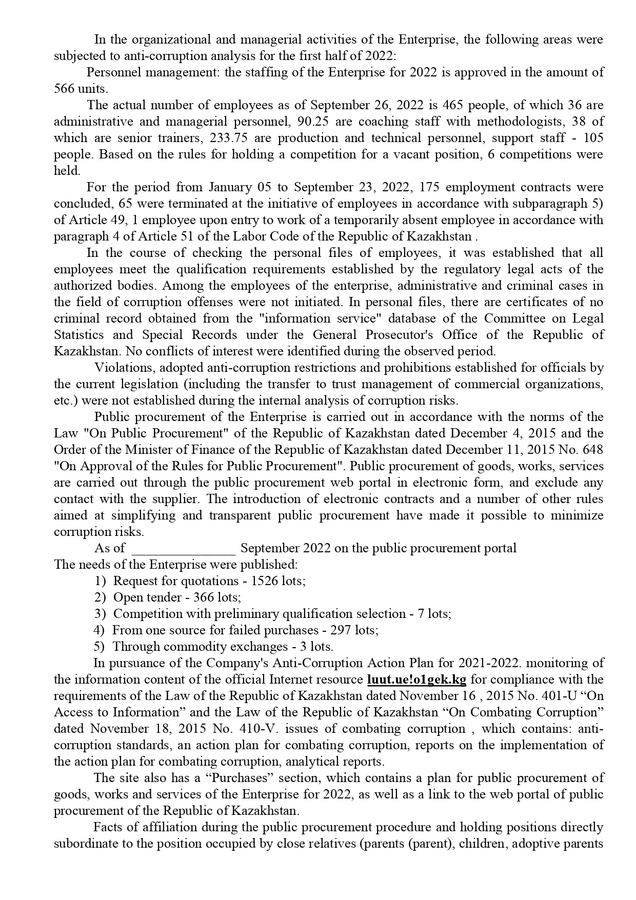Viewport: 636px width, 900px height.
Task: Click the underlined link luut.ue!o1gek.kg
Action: (416, 679)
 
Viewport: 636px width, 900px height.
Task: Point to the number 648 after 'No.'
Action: (593, 450)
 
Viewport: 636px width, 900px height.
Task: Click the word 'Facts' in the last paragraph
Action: (109, 827)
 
